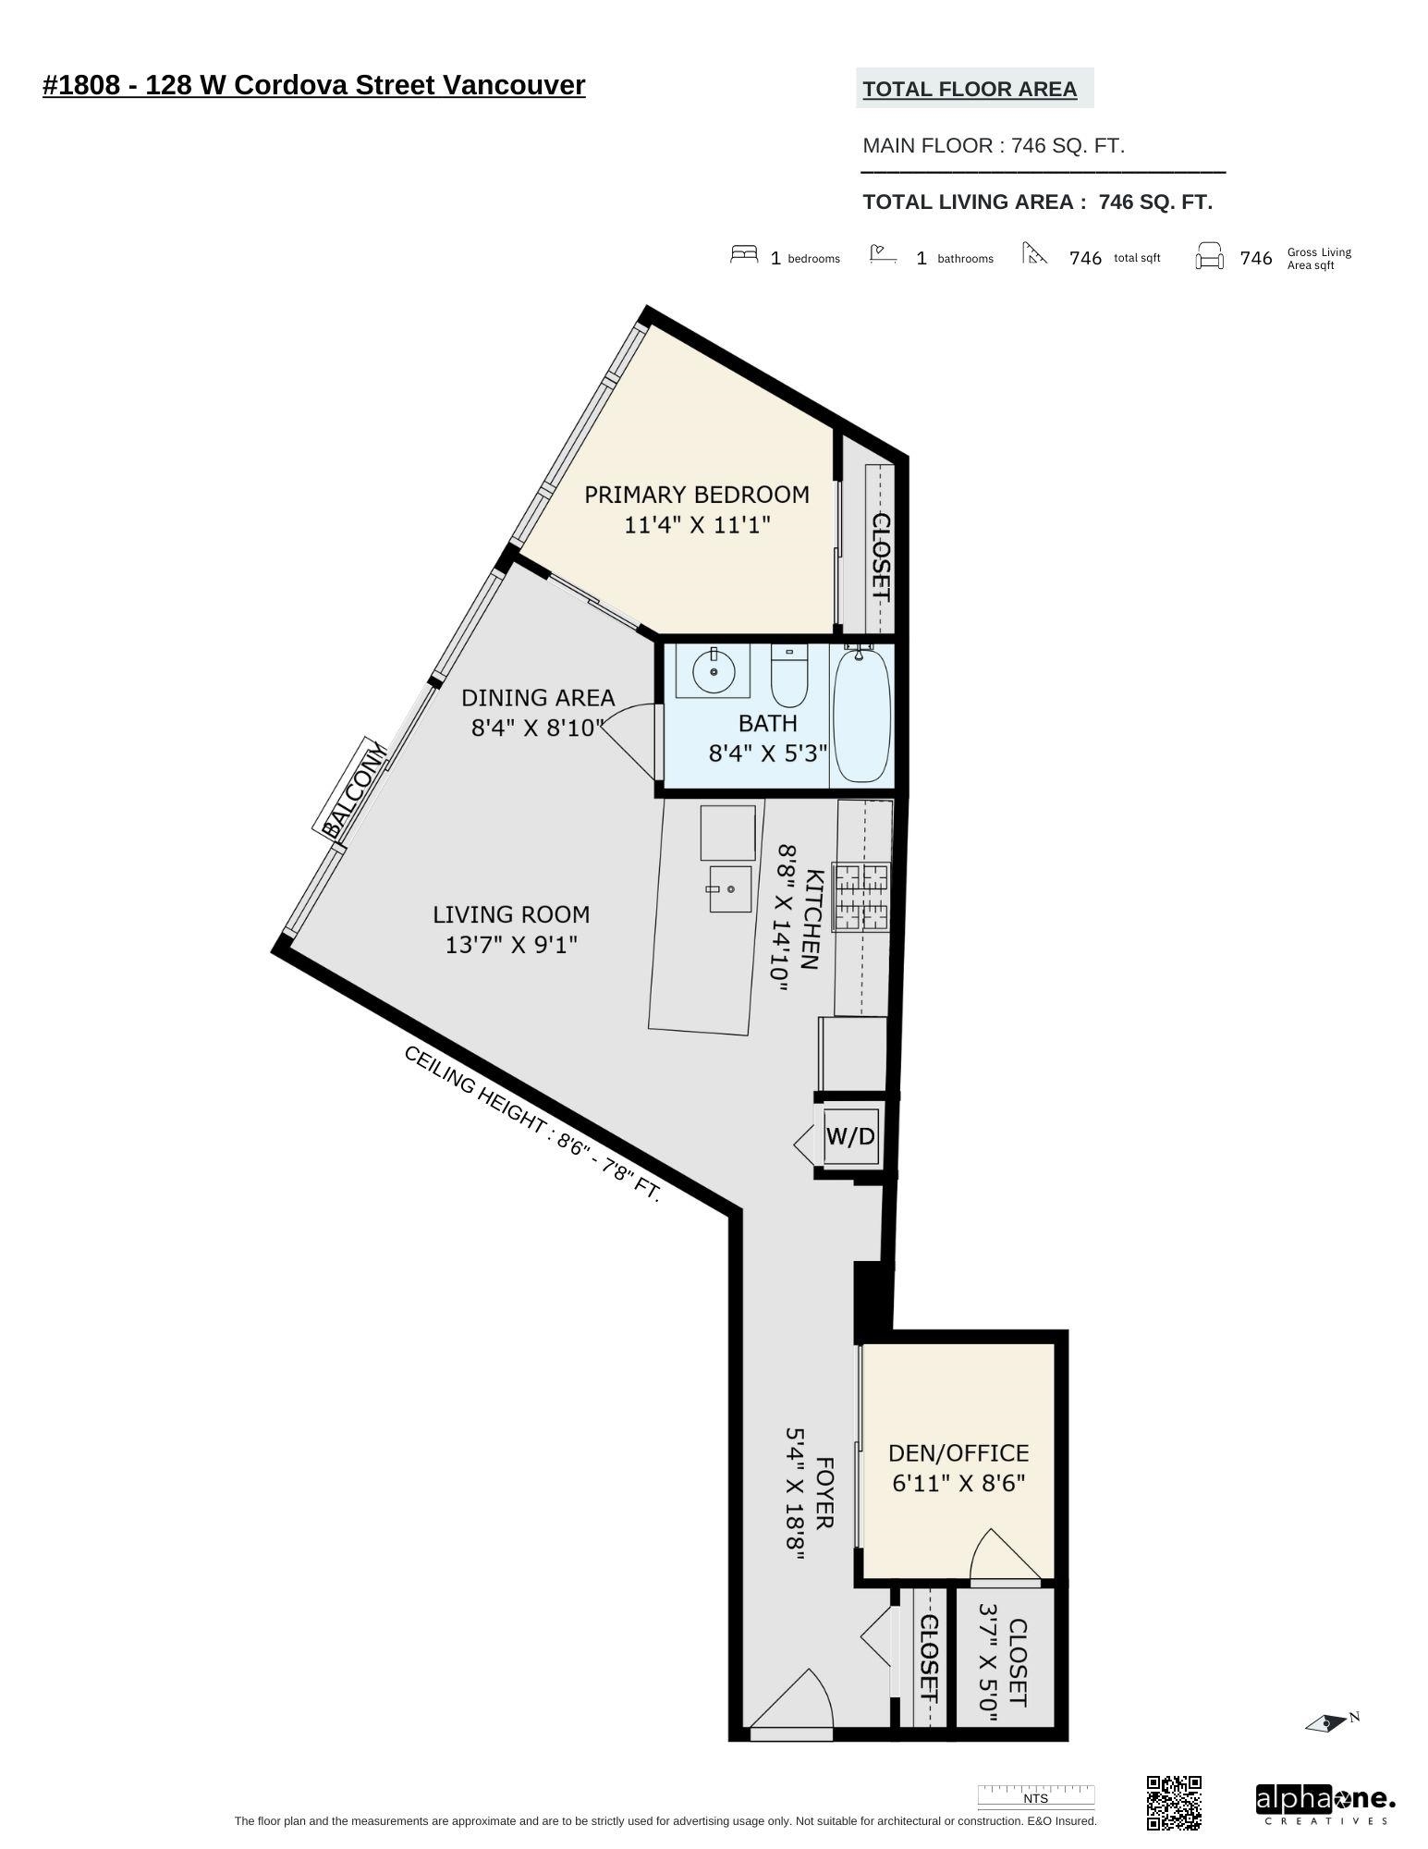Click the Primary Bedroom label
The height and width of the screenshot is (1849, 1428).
click(x=696, y=495)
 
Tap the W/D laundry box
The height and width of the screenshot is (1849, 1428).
click(x=849, y=1136)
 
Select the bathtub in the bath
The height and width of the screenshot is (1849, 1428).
click(x=861, y=716)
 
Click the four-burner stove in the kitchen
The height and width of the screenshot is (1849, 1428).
click(x=860, y=897)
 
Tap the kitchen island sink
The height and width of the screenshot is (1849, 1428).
click(x=729, y=888)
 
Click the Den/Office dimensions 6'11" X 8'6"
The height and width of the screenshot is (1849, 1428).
click(x=958, y=1483)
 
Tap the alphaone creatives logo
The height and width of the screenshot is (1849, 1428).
click(x=1324, y=1804)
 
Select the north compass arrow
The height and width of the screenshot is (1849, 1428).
click(x=1329, y=1722)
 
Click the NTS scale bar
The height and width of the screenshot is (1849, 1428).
click(x=1035, y=1796)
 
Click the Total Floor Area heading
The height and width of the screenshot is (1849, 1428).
click(x=970, y=90)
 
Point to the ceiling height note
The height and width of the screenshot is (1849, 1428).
click(x=532, y=1124)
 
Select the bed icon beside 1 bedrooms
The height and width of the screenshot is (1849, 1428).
click(x=743, y=254)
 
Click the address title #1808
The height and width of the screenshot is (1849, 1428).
click(x=313, y=85)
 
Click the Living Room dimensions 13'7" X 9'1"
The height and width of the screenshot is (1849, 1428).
click(x=511, y=945)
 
